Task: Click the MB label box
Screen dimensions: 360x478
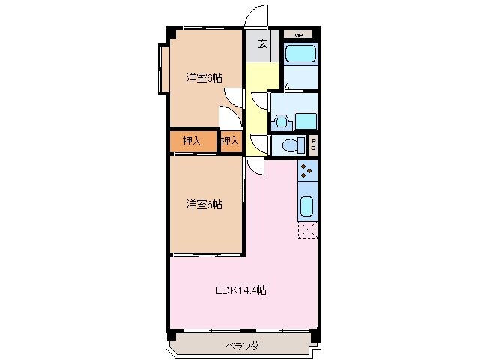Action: pyautogui.click(x=298, y=35)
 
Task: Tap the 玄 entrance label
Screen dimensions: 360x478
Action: pyautogui.click(x=262, y=43)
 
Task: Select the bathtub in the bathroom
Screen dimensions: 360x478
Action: pyautogui.click(x=301, y=55)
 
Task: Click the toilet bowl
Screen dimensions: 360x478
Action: pyautogui.click(x=290, y=145)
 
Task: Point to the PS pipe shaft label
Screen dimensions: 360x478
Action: pyautogui.click(x=314, y=144)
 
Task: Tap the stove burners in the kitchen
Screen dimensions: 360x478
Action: pyautogui.click(x=307, y=172)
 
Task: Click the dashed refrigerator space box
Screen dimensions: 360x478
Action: pyautogui.click(x=307, y=230)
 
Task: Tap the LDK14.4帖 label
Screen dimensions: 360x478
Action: pyautogui.click(x=240, y=290)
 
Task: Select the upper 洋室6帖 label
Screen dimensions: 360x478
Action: pyautogui.click(x=204, y=76)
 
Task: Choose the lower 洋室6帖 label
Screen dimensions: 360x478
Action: pyautogui.click(x=204, y=204)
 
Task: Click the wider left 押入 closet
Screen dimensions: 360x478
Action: pyautogui.click(x=192, y=140)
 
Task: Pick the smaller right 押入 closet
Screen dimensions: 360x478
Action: pyautogui.click(x=231, y=140)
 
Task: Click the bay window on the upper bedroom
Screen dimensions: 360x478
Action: pyautogui.click(x=162, y=69)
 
